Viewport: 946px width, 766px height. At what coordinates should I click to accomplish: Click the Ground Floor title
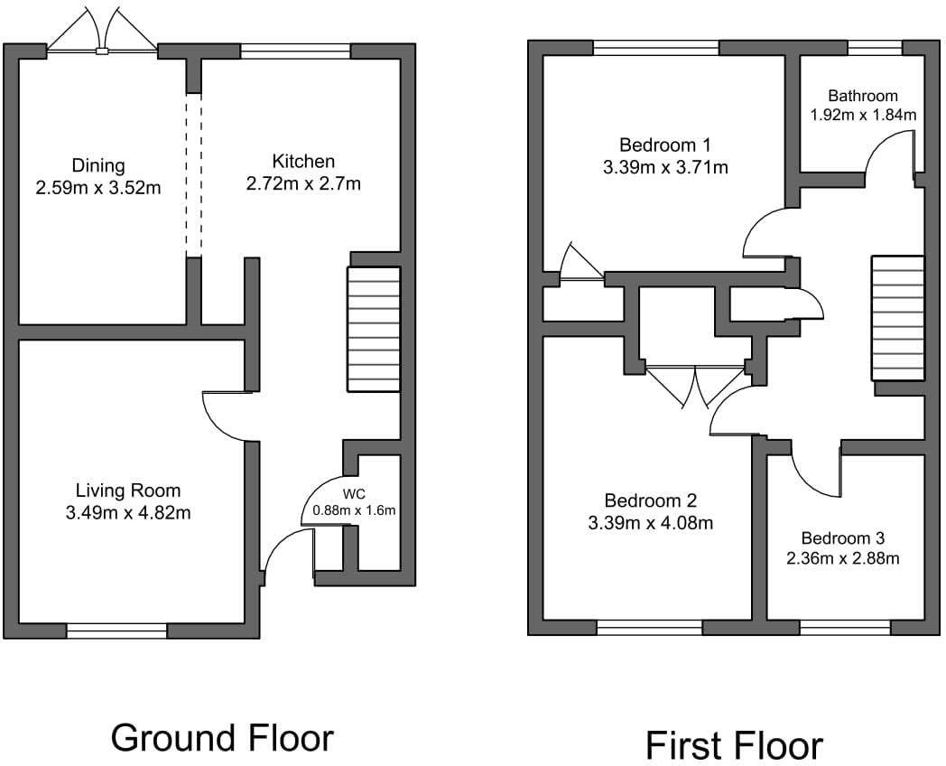tap(222, 738)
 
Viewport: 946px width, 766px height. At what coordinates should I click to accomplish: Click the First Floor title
tap(734, 745)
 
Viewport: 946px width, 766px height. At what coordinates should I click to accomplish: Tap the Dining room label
tap(98, 166)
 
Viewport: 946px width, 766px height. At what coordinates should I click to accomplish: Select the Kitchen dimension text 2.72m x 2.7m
tap(303, 183)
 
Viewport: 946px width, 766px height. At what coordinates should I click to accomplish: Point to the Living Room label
tap(127, 490)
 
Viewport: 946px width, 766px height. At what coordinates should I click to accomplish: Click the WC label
tap(353, 494)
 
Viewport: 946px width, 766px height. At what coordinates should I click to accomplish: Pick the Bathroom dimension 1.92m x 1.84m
tap(863, 115)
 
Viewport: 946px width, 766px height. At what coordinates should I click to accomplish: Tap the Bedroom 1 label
tap(664, 145)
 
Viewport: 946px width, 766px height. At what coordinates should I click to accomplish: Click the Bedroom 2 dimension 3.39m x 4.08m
tap(650, 522)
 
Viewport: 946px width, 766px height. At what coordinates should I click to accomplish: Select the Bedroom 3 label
tap(842, 536)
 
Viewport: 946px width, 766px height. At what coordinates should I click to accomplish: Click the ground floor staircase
tap(375, 329)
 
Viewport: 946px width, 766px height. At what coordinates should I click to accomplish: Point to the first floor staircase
tap(898, 318)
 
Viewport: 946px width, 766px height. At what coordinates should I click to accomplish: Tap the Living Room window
tap(116, 631)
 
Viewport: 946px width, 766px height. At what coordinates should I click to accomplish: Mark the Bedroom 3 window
tap(845, 627)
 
